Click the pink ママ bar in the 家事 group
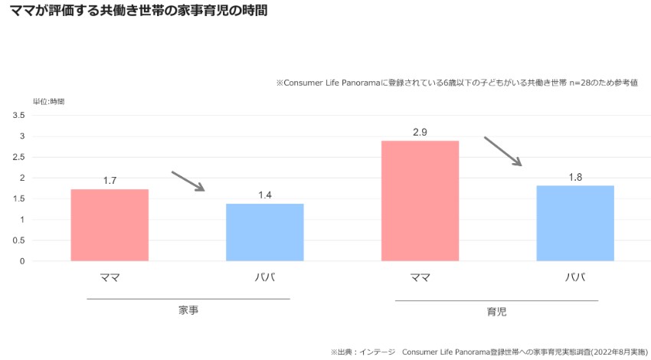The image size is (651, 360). (x=110, y=224)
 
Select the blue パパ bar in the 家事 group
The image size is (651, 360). (x=265, y=231)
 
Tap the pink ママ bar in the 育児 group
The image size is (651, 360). (x=420, y=201)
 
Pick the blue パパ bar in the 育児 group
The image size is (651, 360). (x=575, y=223)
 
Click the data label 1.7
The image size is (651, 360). (x=110, y=181)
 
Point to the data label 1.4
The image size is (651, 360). (x=265, y=195)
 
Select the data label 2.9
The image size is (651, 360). (x=420, y=132)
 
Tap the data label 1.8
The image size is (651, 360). (x=575, y=177)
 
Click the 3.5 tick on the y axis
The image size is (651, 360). (x=18, y=115)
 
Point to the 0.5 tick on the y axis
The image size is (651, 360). (x=18, y=241)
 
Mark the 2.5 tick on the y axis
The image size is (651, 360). (x=18, y=157)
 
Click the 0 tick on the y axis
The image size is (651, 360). (x=22, y=261)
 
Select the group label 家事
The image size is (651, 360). (x=188, y=310)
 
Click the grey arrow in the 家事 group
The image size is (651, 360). (x=188, y=182)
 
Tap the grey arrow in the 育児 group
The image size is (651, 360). (x=502, y=151)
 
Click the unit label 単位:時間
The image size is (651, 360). (x=48, y=101)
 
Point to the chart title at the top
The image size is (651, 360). (x=139, y=12)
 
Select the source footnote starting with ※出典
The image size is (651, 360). (x=489, y=352)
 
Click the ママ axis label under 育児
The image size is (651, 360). (x=420, y=277)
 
